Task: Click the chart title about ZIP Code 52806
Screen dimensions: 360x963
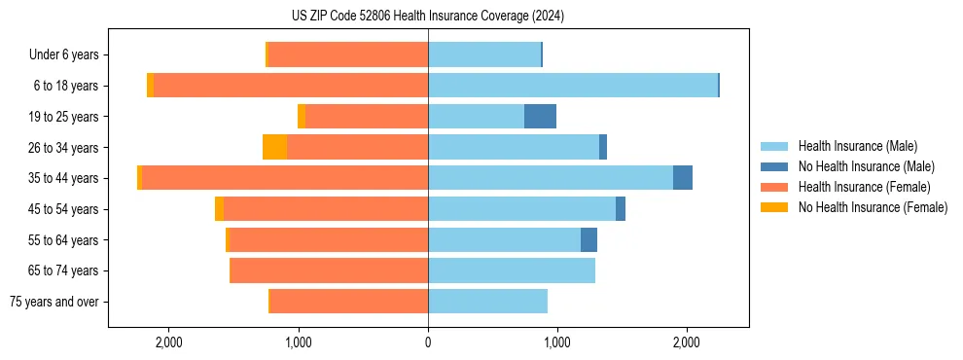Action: (428, 16)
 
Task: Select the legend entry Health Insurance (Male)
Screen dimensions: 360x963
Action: (857, 146)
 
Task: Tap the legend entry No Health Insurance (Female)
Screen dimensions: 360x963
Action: (873, 207)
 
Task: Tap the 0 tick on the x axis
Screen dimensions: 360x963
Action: (428, 342)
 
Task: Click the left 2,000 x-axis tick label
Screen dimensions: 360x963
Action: (169, 342)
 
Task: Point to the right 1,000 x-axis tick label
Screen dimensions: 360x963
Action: (557, 342)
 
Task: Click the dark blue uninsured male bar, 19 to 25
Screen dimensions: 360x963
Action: (540, 117)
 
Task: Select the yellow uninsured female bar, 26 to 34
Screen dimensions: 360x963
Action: (274, 147)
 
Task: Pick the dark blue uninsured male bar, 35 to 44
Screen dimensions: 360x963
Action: (683, 178)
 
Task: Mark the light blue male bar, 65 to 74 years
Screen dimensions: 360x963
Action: (512, 270)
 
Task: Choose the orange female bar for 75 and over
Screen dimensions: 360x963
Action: (348, 302)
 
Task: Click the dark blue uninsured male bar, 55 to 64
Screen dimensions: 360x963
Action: (588, 239)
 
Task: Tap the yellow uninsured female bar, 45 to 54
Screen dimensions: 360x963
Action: (219, 209)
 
